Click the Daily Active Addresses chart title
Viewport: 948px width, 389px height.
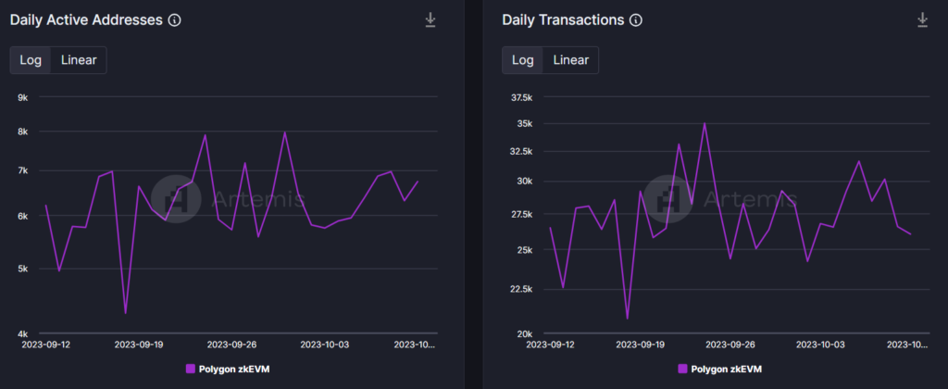tap(86, 19)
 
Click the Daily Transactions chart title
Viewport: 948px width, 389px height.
tap(563, 19)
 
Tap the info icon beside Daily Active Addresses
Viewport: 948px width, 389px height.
tap(174, 19)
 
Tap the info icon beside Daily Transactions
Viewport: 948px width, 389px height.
tap(635, 19)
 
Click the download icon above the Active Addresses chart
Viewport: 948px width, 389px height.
tap(430, 19)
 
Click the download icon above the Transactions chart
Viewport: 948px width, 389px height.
tap(922, 19)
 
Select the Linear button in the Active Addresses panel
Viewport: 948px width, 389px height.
tap(79, 60)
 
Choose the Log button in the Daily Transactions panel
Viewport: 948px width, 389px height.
tap(523, 60)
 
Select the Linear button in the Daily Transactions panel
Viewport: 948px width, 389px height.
tap(571, 60)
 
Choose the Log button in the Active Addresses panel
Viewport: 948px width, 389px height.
tap(31, 60)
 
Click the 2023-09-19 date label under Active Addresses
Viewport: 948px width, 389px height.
tap(139, 344)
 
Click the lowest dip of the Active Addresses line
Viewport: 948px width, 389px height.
tap(125, 313)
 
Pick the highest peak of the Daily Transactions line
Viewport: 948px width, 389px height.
tap(705, 123)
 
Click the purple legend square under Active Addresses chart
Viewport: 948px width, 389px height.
tap(190, 368)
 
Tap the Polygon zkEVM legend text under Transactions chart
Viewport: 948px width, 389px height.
tap(727, 368)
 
